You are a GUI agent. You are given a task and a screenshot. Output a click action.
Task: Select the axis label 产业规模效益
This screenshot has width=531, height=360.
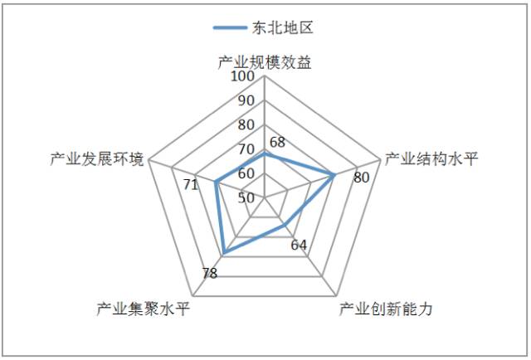[x=265, y=62]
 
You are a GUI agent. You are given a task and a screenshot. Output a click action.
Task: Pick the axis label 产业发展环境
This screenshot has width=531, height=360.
[x=97, y=158]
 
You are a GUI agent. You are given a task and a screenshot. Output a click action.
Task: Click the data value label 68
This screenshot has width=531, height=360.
[x=277, y=141]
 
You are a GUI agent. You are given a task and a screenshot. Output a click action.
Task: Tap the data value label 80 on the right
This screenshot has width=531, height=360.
[x=361, y=178]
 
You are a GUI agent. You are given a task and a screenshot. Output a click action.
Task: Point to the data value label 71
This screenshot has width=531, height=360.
[x=190, y=184]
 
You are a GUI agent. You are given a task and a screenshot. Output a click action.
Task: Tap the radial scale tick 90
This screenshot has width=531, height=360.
[x=246, y=101]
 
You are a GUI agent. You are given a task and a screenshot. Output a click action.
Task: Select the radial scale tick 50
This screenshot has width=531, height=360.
[x=246, y=198]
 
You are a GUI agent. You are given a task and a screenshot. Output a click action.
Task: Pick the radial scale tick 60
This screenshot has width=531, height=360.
[x=246, y=174]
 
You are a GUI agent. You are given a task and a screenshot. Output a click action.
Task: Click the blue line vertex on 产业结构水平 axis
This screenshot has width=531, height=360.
[x=334, y=175]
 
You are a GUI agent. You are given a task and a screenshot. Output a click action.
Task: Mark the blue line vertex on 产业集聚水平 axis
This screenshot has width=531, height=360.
[x=224, y=252]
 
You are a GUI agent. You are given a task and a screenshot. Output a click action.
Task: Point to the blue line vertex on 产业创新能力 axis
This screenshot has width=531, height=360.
[x=285, y=226]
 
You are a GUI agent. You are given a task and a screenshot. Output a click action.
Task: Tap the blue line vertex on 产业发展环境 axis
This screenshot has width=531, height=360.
[x=216, y=182]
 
